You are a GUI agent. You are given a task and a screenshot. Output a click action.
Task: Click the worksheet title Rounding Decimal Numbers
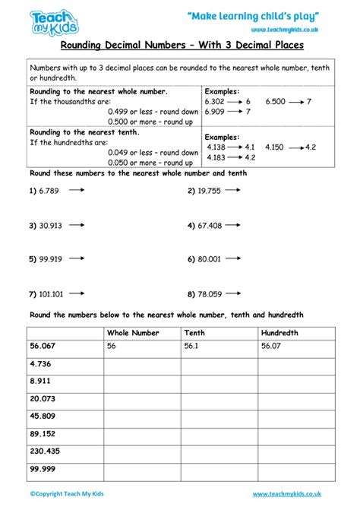179,45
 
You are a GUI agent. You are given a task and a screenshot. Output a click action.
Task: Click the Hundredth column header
279,333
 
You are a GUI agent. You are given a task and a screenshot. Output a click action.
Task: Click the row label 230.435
46,450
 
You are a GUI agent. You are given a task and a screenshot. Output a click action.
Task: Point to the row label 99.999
43,468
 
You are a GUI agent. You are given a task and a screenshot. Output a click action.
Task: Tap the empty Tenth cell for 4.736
218,363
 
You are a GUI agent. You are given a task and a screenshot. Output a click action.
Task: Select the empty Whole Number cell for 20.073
141,398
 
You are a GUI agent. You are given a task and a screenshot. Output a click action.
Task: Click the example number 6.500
276,100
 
